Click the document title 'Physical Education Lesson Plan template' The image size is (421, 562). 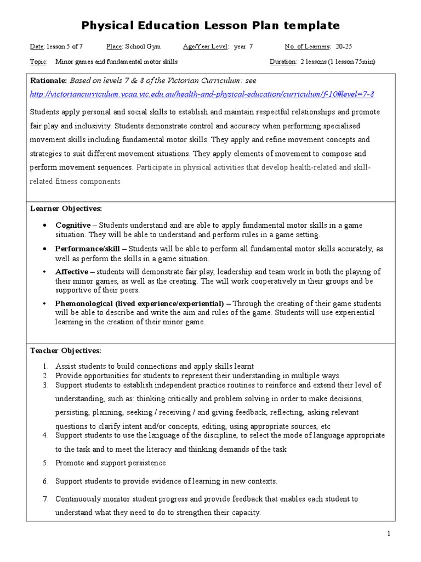coord(210,26)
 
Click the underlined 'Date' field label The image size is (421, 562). coord(37,47)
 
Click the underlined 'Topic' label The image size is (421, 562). coord(38,61)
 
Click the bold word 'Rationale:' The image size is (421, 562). coord(48,80)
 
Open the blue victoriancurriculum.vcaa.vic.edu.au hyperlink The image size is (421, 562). coord(202,94)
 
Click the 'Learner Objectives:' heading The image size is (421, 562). coord(66,209)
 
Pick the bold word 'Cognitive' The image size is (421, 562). coord(73,226)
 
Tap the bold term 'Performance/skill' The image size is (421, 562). coord(88,249)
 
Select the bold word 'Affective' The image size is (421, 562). coord(72,272)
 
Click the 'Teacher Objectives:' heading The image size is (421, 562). coord(66,350)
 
